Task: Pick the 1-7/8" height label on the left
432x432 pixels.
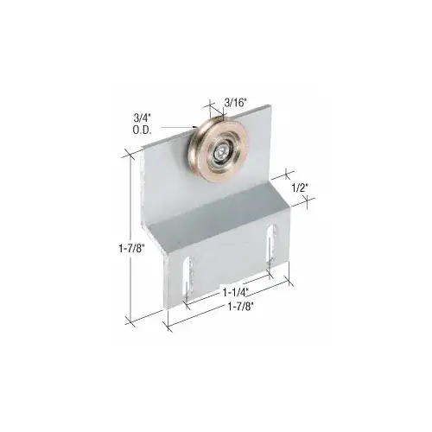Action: click(x=111, y=250)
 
